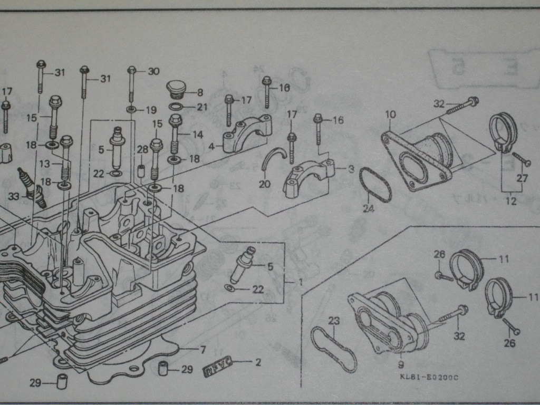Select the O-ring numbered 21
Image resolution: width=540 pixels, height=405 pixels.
coord(177,107)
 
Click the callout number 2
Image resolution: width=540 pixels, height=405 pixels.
coord(258,362)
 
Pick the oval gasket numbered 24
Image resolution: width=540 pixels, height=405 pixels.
coord(375,185)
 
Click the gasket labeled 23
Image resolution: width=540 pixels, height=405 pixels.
coord(333,349)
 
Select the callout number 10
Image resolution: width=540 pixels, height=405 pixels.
coord(390,114)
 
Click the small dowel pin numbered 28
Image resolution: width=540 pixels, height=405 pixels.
coord(141,171)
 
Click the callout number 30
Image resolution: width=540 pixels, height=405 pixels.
coord(153,72)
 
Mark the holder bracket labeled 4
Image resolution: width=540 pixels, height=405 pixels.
coord(246,134)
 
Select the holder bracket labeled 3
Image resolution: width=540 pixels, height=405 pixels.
coord(308,179)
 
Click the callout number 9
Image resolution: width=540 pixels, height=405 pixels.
coord(401,364)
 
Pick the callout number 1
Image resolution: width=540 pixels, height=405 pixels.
coord(300,282)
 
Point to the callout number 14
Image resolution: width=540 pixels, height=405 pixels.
coord(198,134)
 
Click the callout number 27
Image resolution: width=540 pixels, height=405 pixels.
coord(522,178)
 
